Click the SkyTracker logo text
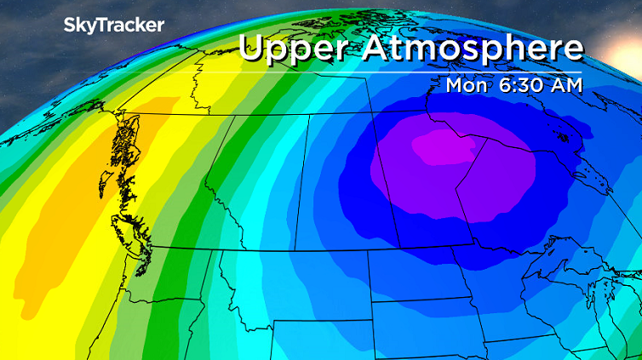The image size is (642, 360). (x=114, y=26)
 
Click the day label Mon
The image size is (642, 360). (x=467, y=85)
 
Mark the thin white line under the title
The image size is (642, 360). (x=409, y=71)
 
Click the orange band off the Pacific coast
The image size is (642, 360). (x=51, y=230)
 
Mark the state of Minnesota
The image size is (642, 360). (x=502, y=289)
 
